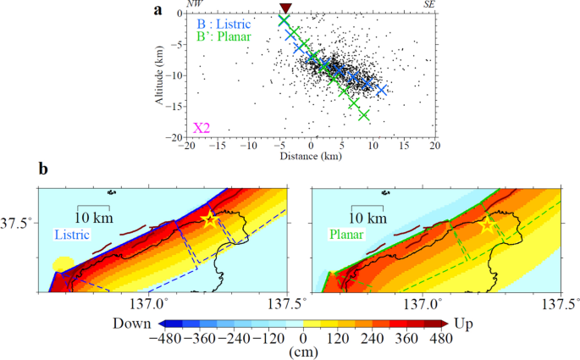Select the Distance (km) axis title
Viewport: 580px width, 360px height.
click(x=310, y=157)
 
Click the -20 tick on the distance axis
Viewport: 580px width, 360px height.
click(x=186, y=147)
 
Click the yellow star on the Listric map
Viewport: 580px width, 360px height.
click(x=210, y=219)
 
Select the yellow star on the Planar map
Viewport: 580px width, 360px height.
click(x=488, y=226)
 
